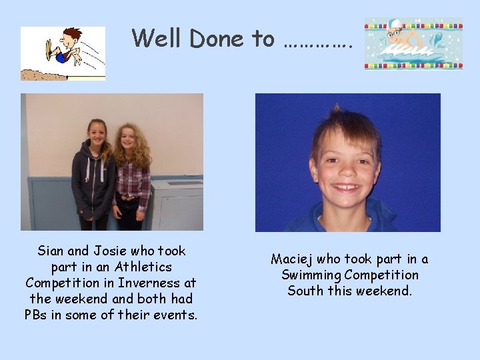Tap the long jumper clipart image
pyautogui.click(x=63, y=53)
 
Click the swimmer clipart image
pyautogui.click(x=413, y=44)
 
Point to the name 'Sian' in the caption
pyautogui.click(x=51, y=251)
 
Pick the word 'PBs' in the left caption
pyautogui.click(x=36, y=315)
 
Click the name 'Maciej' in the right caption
pyautogui.click(x=292, y=259)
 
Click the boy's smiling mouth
pyautogui.click(x=346, y=187)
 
